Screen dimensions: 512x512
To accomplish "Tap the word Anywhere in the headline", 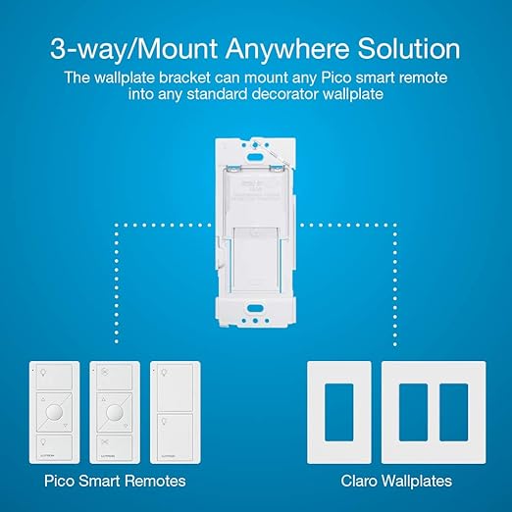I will pos(278,48).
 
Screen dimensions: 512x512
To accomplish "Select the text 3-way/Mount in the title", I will pos(133,48).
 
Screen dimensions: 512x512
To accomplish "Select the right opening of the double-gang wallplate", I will pos(453,402).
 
